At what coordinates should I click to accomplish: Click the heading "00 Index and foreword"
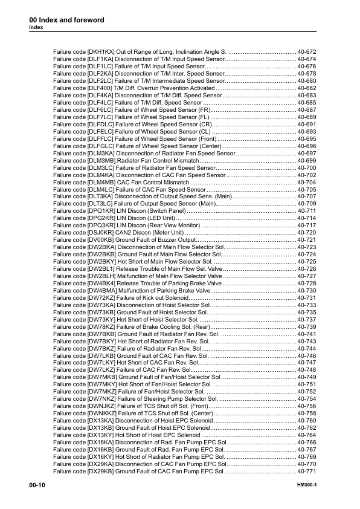66,20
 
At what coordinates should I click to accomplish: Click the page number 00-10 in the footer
37,485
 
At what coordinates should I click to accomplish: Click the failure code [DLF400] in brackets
101,88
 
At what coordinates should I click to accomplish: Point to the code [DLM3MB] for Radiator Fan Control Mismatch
102,161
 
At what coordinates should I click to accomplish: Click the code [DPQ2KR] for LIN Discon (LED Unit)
101,217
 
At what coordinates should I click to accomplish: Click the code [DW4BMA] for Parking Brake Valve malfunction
102,291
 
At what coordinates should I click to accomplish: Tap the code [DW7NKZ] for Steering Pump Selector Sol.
101,399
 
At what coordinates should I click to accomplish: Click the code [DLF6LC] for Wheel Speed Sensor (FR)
101,110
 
